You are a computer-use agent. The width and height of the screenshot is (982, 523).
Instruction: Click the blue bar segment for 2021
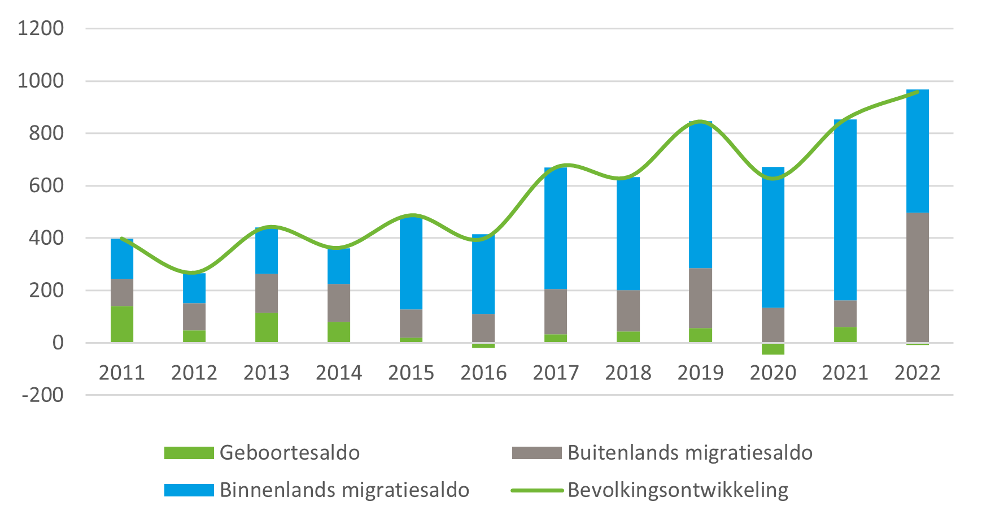[845, 209]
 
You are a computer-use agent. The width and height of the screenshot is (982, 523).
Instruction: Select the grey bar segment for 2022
[917, 277]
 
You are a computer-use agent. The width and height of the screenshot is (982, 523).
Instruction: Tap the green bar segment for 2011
[122, 324]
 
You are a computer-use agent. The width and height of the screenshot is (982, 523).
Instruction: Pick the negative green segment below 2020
[772, 349]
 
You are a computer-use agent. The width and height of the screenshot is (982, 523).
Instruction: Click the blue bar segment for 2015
[411, 263]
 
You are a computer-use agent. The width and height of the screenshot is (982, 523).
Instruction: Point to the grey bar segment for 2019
[700, 298]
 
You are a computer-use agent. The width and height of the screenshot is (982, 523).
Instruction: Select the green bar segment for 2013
[267, 327]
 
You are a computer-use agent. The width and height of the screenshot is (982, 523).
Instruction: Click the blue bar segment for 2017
[556, 228]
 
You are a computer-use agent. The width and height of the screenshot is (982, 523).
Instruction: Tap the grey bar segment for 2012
[194, 317]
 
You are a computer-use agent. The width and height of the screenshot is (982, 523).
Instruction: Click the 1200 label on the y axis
[41, 28]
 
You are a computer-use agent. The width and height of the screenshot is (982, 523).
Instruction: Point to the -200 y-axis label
[42, 395]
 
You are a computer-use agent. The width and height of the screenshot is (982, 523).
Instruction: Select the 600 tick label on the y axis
[46, 185]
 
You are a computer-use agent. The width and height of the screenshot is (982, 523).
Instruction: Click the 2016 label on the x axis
[483, 373]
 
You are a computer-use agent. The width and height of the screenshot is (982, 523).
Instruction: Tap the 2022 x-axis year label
[917, 373]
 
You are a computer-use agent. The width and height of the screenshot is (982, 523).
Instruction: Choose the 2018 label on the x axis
[628, 373]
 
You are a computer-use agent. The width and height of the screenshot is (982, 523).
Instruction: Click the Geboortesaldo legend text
[290, 453]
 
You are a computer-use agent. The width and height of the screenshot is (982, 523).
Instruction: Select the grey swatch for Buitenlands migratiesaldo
[536, 453]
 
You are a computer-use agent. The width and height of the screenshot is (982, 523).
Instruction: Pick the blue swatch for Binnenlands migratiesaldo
[189, 490]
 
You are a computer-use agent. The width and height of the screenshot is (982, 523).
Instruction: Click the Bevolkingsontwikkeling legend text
[678, 490]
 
